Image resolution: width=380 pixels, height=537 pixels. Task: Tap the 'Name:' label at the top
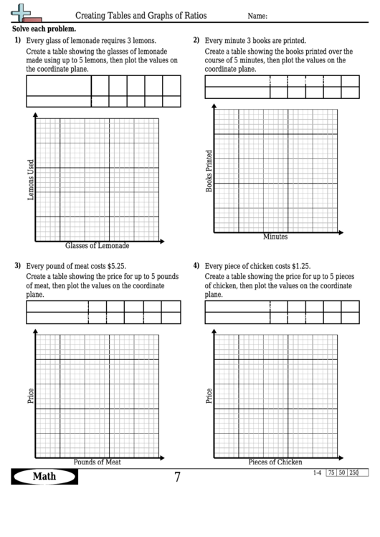(258, 16)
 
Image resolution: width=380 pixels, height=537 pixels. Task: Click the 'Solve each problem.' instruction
(44, 29)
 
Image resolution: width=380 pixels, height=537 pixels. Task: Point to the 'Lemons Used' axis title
(31, 179)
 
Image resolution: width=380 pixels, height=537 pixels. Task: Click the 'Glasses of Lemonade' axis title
(98, 245)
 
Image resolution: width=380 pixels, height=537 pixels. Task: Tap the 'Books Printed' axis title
(209, 171)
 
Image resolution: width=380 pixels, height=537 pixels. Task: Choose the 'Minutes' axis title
(275, 236)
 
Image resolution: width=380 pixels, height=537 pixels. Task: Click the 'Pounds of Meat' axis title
(98, 462)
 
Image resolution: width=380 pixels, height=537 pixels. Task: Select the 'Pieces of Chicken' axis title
(275, 462)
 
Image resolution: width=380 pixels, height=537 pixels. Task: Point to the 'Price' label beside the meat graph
(31, 395)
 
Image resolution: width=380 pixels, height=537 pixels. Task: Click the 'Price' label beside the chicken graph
(209, 395)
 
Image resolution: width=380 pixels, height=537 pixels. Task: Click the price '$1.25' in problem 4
(298, 266)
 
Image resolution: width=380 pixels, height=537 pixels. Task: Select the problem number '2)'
(196, 40)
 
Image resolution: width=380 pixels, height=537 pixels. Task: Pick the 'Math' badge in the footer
(44, 477)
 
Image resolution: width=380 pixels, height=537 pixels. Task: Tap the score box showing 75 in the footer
(331, 472)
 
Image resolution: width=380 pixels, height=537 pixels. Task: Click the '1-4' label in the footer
(317, 472)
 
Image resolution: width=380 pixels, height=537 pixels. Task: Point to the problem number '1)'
(17, 41)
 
